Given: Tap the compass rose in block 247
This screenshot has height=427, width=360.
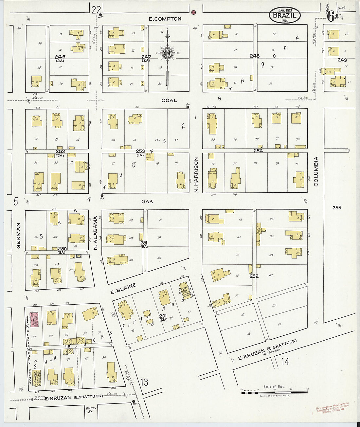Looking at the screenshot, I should pyautogui.click(x=167, y=53).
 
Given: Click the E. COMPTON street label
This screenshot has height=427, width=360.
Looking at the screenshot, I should pyautogui.click(x=165, y=19).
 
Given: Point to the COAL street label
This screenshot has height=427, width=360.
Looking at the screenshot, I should pyautogui.click(x=169, y=100).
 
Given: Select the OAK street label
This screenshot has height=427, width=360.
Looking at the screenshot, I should pyautogui.click(x=147, y=202).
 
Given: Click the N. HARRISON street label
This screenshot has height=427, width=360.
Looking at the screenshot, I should pyautogui.click(x=196, y=174).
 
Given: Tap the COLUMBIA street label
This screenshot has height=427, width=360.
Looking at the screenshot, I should pyautogui.click(x=316, y=171).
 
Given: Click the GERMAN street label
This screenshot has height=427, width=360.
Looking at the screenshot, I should pyautogui.click(x=18, y=235).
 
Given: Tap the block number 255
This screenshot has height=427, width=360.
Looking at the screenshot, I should pyautogui.click(x=336, y=207).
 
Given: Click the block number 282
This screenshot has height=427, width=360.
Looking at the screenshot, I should pyautogui.click(x=254, y=276).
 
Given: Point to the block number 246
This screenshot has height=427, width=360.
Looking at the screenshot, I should pyautogui.click(x=60, y=57).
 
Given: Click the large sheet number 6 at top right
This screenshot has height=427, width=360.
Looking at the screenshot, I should pyautogui.click(x=331, y=16).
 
